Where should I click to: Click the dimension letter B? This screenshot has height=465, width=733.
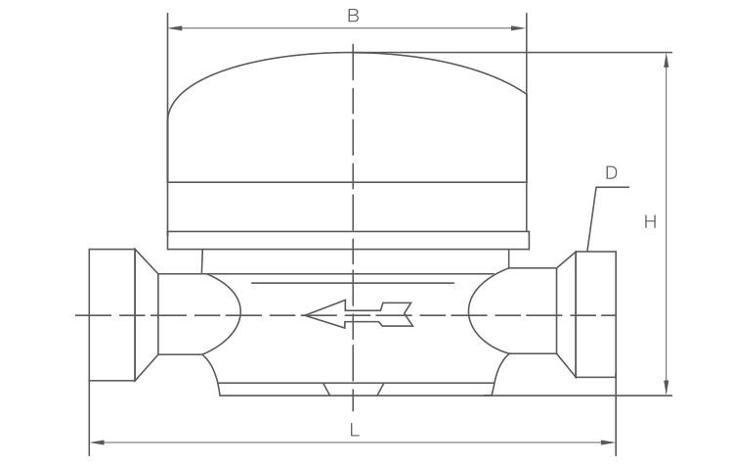pyautogui.click(x=353, y=16)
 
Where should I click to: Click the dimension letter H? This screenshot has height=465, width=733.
pyautogui.click(x=650, y=221)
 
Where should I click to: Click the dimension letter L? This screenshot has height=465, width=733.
pyautogui.click(x=355, y=430)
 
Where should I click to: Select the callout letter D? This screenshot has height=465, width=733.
pyautogui.click(x=611, y=173)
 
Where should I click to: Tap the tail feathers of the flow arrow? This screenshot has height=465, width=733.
pyautogui.click(x=397, y=314)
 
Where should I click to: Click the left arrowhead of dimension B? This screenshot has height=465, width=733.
pyautogui.click(x=175, y=28)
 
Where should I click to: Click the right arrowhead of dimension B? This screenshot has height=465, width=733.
pyautogui.click(x=519, y=28)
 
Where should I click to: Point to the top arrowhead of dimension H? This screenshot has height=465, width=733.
pyautogui.click(x=667, y=61)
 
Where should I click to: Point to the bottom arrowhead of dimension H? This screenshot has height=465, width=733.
pyautogui.click(x=667, y=388)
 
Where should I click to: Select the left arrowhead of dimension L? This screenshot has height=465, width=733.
pyautogui.click(x=97, y=442)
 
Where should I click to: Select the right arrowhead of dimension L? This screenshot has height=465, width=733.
pyautogui.click(x=608, y=442)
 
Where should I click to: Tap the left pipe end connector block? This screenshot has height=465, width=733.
pyautogui.click(x=112, y=314)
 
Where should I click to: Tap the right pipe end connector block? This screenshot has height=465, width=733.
pyautogui.click(x=596, y=314)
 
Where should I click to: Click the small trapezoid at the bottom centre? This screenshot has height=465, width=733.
pyautogui.click(x=354, y=390)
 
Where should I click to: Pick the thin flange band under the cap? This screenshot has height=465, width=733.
pyautogui.click(x=348, y=240)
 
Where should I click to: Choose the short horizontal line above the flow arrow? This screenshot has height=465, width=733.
pyautogui.click(x=353, y=283)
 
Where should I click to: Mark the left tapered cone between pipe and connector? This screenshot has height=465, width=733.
pyautogui.click(x=147, y=314)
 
